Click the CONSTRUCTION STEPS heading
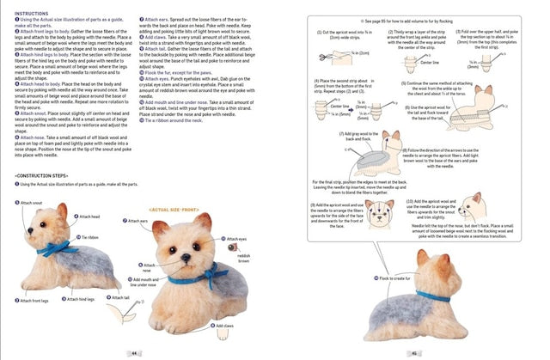click(x=43, y=175)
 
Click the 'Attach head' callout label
click(x=89, y=217)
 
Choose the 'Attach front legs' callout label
click(x=36, y=301)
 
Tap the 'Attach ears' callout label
click(x=140, y=221)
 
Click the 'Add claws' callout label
click(x=225, y=326)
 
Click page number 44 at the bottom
click(x=134, y=352)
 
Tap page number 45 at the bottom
click(x=414, y=352)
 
